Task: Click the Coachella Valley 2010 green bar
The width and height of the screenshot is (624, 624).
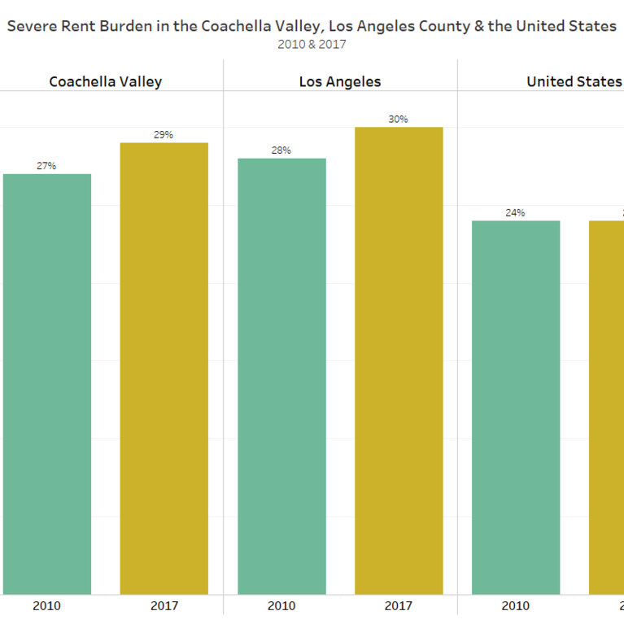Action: tap(46, 383)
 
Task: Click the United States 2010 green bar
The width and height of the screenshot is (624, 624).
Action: tap(515, 407)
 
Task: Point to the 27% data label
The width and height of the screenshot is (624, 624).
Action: tap(46, 166)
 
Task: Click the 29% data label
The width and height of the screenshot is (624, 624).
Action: tap(164, 135)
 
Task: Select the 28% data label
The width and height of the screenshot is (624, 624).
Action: tap(281, 151)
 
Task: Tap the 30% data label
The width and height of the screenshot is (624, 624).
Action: tap(399, 120)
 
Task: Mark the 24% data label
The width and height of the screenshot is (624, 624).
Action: tap(515, 213)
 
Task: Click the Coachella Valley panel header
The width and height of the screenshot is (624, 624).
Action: tap(106, 81)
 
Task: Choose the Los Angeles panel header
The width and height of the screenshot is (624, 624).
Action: tap(340, 81)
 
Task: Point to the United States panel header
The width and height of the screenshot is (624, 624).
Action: tap(574, 81)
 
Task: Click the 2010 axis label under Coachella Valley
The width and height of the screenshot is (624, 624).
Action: tap(46, 606)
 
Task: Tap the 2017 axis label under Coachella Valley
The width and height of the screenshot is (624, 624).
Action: tap(164, 606)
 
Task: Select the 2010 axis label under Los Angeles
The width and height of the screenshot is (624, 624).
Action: tap(281, 606)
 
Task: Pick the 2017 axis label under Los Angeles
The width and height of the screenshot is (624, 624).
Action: tap(399, 606)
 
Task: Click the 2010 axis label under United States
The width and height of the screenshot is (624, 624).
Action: tap(515, 606)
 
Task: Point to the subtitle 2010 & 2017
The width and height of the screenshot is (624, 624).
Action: tap(312, 45)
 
